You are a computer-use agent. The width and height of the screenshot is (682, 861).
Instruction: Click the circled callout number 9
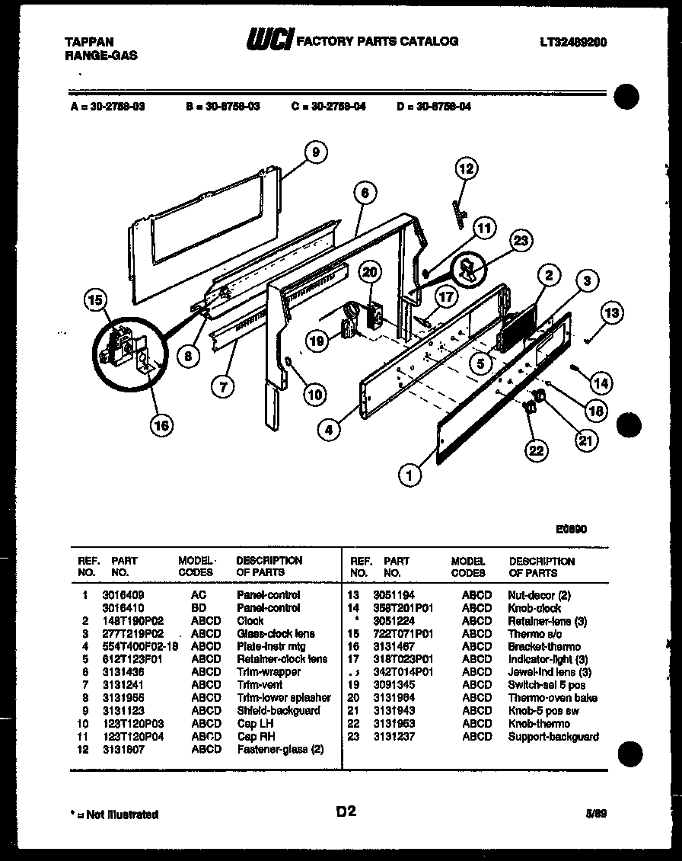click(315, 152)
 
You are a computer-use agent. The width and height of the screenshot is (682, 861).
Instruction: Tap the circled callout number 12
click(467, 168)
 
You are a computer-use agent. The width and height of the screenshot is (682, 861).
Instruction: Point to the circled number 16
click(161, 425)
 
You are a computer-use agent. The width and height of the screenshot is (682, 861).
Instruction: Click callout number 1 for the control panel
click(410, 475)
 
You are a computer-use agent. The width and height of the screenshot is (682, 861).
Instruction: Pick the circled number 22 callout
click(537, 451)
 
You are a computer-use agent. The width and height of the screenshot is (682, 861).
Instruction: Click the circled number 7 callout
click(222, 387)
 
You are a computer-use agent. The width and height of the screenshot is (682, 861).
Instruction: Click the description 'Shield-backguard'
click(278, 711)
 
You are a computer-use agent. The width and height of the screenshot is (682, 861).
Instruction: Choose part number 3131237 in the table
click(394, 737)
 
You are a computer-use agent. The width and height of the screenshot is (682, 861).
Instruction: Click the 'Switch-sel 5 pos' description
click(546, 685)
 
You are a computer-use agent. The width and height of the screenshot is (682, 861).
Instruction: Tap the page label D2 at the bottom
click(346, 812)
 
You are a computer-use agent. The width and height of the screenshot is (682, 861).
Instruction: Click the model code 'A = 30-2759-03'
click(107, 107)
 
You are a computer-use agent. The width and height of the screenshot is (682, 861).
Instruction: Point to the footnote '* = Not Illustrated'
click(113, 815)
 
